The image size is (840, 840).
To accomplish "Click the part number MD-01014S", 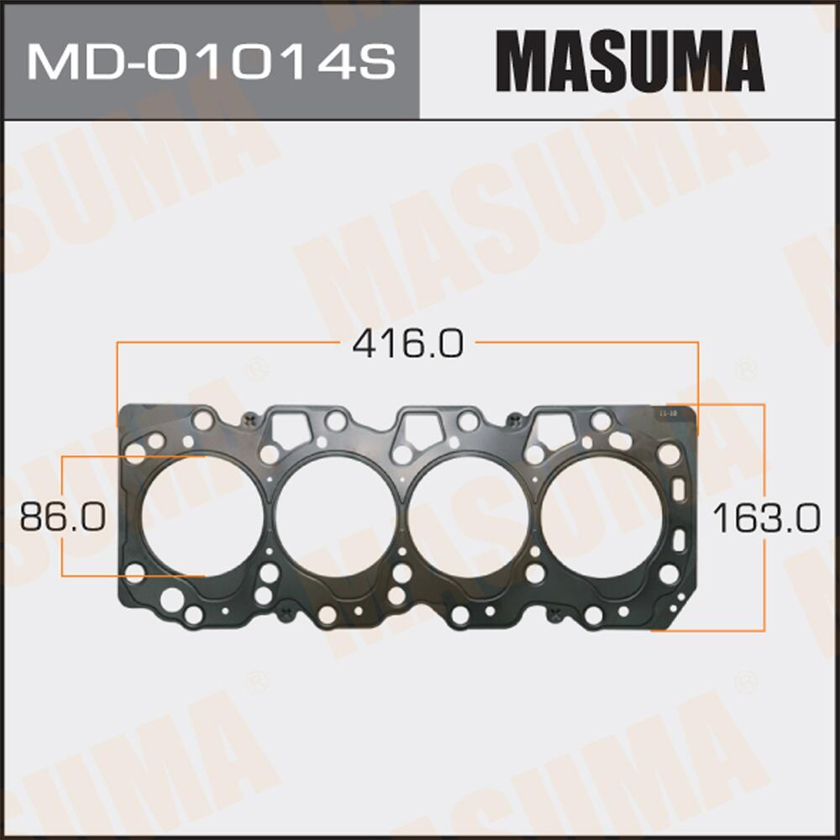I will [x=210, y=60].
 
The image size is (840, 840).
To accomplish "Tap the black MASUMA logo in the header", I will [x=629, y=60].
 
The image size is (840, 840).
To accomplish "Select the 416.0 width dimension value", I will [x=407, y=344].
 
